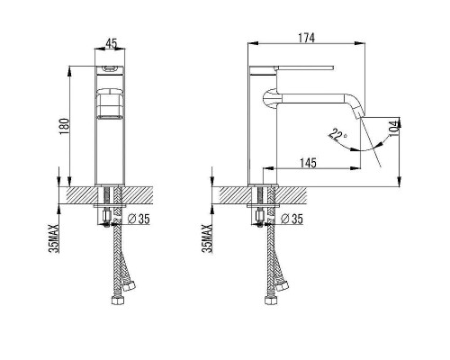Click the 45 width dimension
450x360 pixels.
[111, 43]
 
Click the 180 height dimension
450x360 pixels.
[65, 126]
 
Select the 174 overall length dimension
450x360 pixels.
[306, 38]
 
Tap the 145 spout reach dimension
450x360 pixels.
[308, 163]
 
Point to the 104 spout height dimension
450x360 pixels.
[396, 128]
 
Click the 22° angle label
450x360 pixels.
[337, 134]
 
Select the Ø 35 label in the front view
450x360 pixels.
[139, 219]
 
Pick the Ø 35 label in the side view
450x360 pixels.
[292, 219]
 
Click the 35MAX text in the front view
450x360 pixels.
[55, 238]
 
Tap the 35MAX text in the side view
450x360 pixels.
[208, 238]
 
